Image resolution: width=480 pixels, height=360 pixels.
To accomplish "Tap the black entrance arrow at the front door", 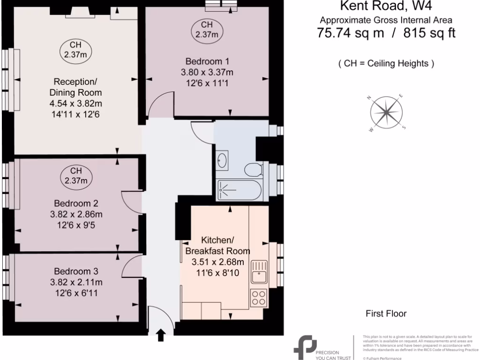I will click(x=161, y=335).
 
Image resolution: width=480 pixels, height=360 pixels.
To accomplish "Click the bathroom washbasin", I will click(x=223, y=161).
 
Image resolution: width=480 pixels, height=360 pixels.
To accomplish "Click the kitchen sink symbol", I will click(x=259, y=272).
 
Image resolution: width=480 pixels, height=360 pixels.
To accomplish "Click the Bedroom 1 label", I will click(x=207, y=61).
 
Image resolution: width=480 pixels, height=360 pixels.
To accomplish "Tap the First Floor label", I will click(x=386, y=314).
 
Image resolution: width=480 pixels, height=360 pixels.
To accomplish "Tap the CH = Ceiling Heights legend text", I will click(x=386, y=63).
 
